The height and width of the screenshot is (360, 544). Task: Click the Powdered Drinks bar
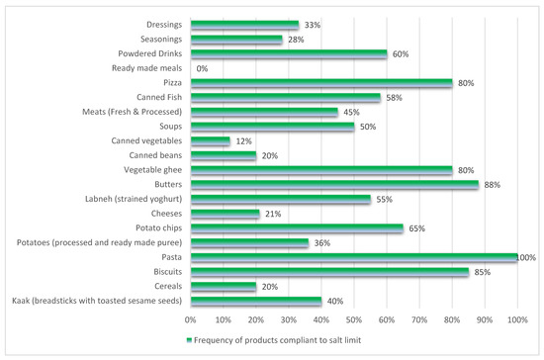pyautogui.click(x=288, y=54)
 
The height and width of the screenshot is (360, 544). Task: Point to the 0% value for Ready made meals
pyautogui.click(x=202, y=69)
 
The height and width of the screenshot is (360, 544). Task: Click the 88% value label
pyautogui.click(x=491, y=184)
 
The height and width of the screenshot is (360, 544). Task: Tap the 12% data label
pyautogui.click(x=242, y=141)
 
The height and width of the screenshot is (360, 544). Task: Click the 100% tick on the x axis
pyautogui.click(x=517, y=319)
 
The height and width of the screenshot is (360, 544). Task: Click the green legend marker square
pyautogui.click(x=188, y=341)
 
